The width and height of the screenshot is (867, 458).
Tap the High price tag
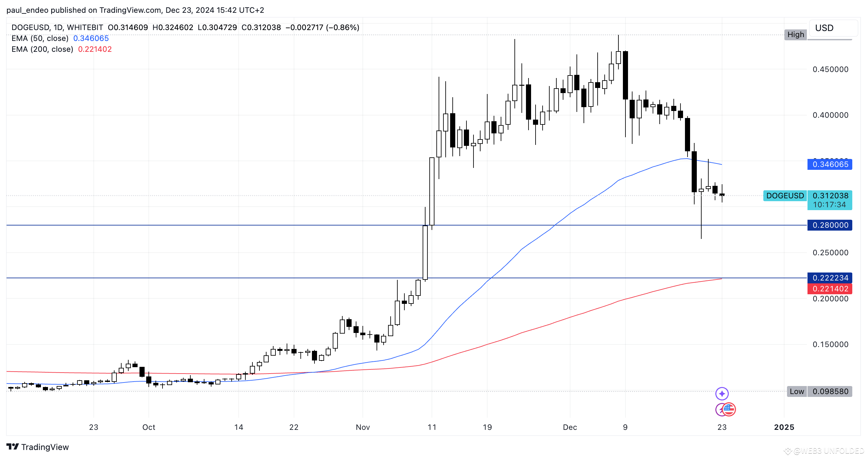tap(795, 34)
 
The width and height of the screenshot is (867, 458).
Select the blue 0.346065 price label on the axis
tap(830, 164)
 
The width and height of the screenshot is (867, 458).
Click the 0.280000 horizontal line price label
tap(830, 225)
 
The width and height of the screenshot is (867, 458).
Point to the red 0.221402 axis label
tap(830, 289)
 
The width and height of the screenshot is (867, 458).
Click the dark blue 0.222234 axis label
tap(830, 278)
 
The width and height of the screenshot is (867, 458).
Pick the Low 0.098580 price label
tap(819, 391)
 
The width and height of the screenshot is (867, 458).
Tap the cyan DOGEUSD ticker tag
tap(785, 195)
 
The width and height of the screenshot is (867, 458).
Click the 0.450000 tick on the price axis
tap(830, 69)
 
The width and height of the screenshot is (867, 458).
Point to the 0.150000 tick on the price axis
tap(830, 344)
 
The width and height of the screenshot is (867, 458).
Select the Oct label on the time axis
tap(149, 427)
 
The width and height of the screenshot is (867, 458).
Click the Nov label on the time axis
tap(363, 427)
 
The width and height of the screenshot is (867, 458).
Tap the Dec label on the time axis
tap(570, 427)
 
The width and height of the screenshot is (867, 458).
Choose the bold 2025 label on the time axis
tap(784, 427)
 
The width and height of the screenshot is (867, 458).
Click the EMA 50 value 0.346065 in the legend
tap(91, 38)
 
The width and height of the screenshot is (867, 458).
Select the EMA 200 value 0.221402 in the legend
tap(95, 49)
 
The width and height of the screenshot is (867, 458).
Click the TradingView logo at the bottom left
tap(38, 447)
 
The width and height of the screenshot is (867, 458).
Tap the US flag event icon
tap(729, 409)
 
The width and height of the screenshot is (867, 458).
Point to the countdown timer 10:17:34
tap(829, 205)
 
